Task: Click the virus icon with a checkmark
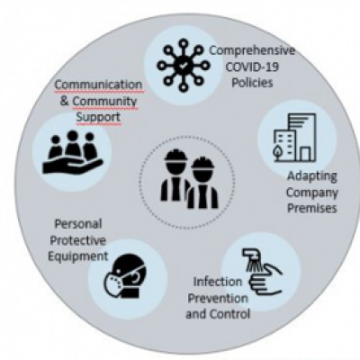pyautogui.click(x=184, y=66)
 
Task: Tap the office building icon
pyautogui.click(x=295, y=138)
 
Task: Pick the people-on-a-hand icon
pyautogui.click(x=72, y=152)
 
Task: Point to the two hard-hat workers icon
pyautogui.click(x=189, y=179)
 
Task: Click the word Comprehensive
pyautogui.click(x=252, y=50)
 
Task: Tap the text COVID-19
pyautogui.click(x=252, y=67)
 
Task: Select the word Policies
pyautogui.click(x=252, y=82)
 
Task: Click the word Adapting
pyautogui.click(x=311, y=176)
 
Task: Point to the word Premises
pyautogui.click(x=312, y=208)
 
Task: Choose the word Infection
pyautogui.click(x=218, y=282)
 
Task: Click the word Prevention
pyautogui.click(x=218, y=298)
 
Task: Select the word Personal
pyautogui.click(x=78, y=224)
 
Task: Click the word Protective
pyautogui.click(x=78, y=240)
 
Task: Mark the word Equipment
pyautogui.click(x=78, y=256)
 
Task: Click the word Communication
pyautogui.click(x=98, y=85)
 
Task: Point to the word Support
pyautogui.click(x=98, y=117)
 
